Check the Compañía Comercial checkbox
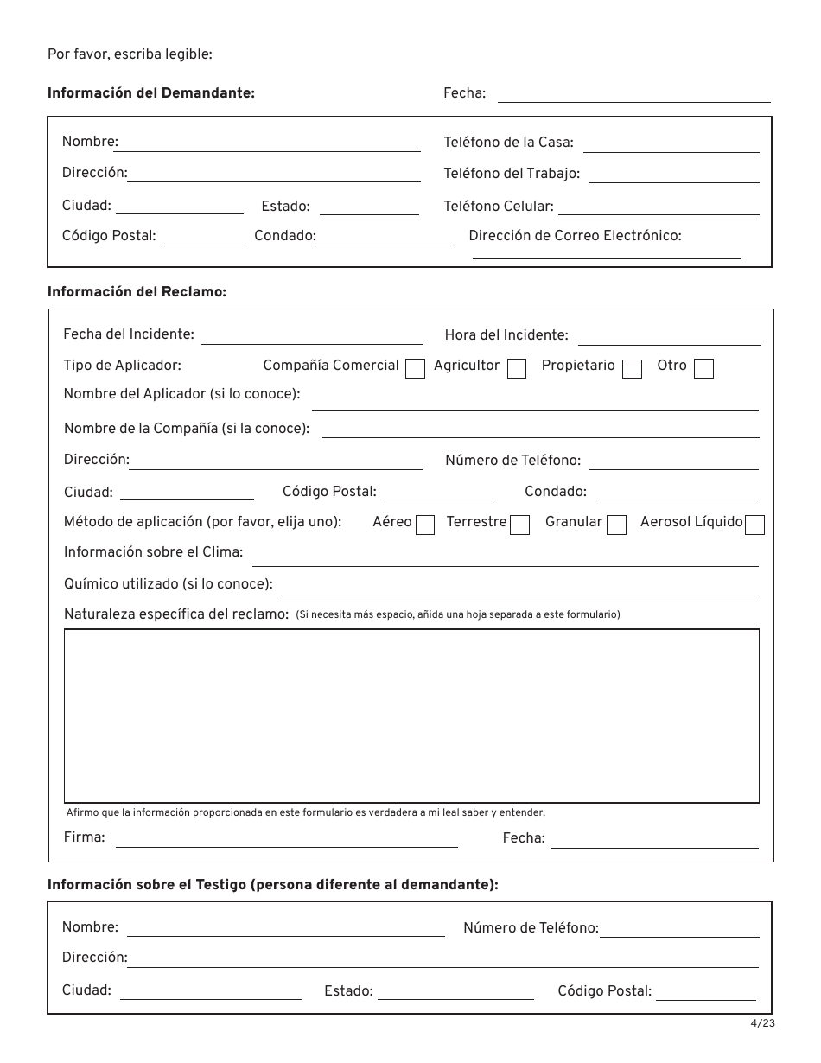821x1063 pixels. [x=416, y=369]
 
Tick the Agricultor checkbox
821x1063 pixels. [x=517, y=369]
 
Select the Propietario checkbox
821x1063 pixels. [x=633, y=369]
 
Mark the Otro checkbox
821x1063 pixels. [x=704, y=369]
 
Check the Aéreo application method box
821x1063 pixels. [x=425, y=525]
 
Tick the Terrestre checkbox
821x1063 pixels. [x=519, y=525]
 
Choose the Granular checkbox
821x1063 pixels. [x=616, y=525]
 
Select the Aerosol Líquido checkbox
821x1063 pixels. [x=754, y=525]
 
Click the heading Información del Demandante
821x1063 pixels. [x=151, y=93]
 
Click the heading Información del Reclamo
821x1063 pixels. [x=137, y=292]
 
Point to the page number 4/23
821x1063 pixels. [x=762, y=1024]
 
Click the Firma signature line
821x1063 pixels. [x=286, y=843]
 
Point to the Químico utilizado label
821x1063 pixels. [x=168, y=584]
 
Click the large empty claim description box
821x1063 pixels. [x=411, y=716]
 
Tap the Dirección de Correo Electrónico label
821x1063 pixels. [x=575, y=235]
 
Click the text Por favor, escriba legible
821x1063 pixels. [x=130, y=55]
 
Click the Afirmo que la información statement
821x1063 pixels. [x=306, y=812]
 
